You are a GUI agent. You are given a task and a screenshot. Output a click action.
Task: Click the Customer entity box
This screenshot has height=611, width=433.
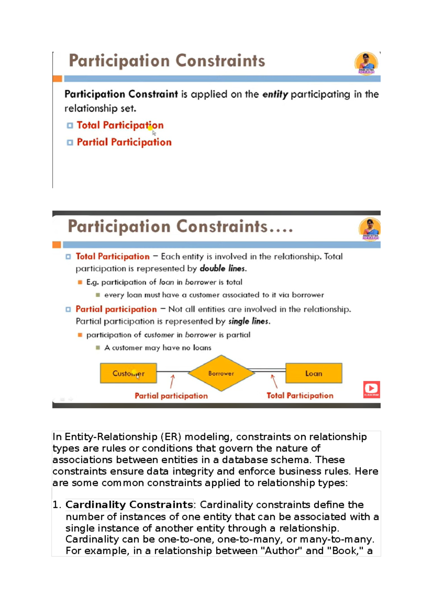coord(128,373)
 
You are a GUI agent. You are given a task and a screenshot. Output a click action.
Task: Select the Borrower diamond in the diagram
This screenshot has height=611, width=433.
coord(221,373)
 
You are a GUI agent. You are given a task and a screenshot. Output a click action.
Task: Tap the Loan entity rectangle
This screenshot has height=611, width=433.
coord(314,373)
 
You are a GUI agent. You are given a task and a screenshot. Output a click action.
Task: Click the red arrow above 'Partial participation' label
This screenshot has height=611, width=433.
coord(172,381)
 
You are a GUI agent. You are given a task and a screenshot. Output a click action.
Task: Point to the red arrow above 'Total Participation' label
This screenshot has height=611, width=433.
coord(274,381)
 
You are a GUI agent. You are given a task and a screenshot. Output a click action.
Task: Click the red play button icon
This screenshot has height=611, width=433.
coord(371,389)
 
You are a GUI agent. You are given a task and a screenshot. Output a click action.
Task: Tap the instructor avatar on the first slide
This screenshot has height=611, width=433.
coord(366,63)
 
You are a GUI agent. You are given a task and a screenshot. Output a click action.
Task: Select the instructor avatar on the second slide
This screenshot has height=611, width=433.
coord(369,229)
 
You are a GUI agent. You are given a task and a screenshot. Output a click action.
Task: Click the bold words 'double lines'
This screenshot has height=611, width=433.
coord(223,268)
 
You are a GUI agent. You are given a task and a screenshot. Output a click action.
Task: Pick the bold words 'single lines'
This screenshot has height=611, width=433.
coord(249,321)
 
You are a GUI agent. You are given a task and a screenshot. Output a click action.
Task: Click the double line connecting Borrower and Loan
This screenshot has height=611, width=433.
coord(270,370)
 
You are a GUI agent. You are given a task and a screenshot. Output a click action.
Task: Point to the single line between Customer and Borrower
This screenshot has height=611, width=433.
coord(172,371)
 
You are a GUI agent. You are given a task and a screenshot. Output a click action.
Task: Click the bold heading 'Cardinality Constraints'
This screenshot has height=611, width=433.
coord(129,504)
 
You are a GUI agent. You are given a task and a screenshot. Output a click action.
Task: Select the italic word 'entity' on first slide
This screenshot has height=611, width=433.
coord(275,95)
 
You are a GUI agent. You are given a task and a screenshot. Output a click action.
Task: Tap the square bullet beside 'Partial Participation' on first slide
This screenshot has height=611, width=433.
coord(70,142)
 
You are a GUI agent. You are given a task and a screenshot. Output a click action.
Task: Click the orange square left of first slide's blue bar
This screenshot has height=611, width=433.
coord(57,79)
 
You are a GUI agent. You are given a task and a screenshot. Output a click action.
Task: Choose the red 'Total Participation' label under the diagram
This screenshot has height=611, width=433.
coord(299,396)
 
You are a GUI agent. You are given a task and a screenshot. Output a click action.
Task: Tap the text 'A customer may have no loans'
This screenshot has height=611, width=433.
coord(158,348)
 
